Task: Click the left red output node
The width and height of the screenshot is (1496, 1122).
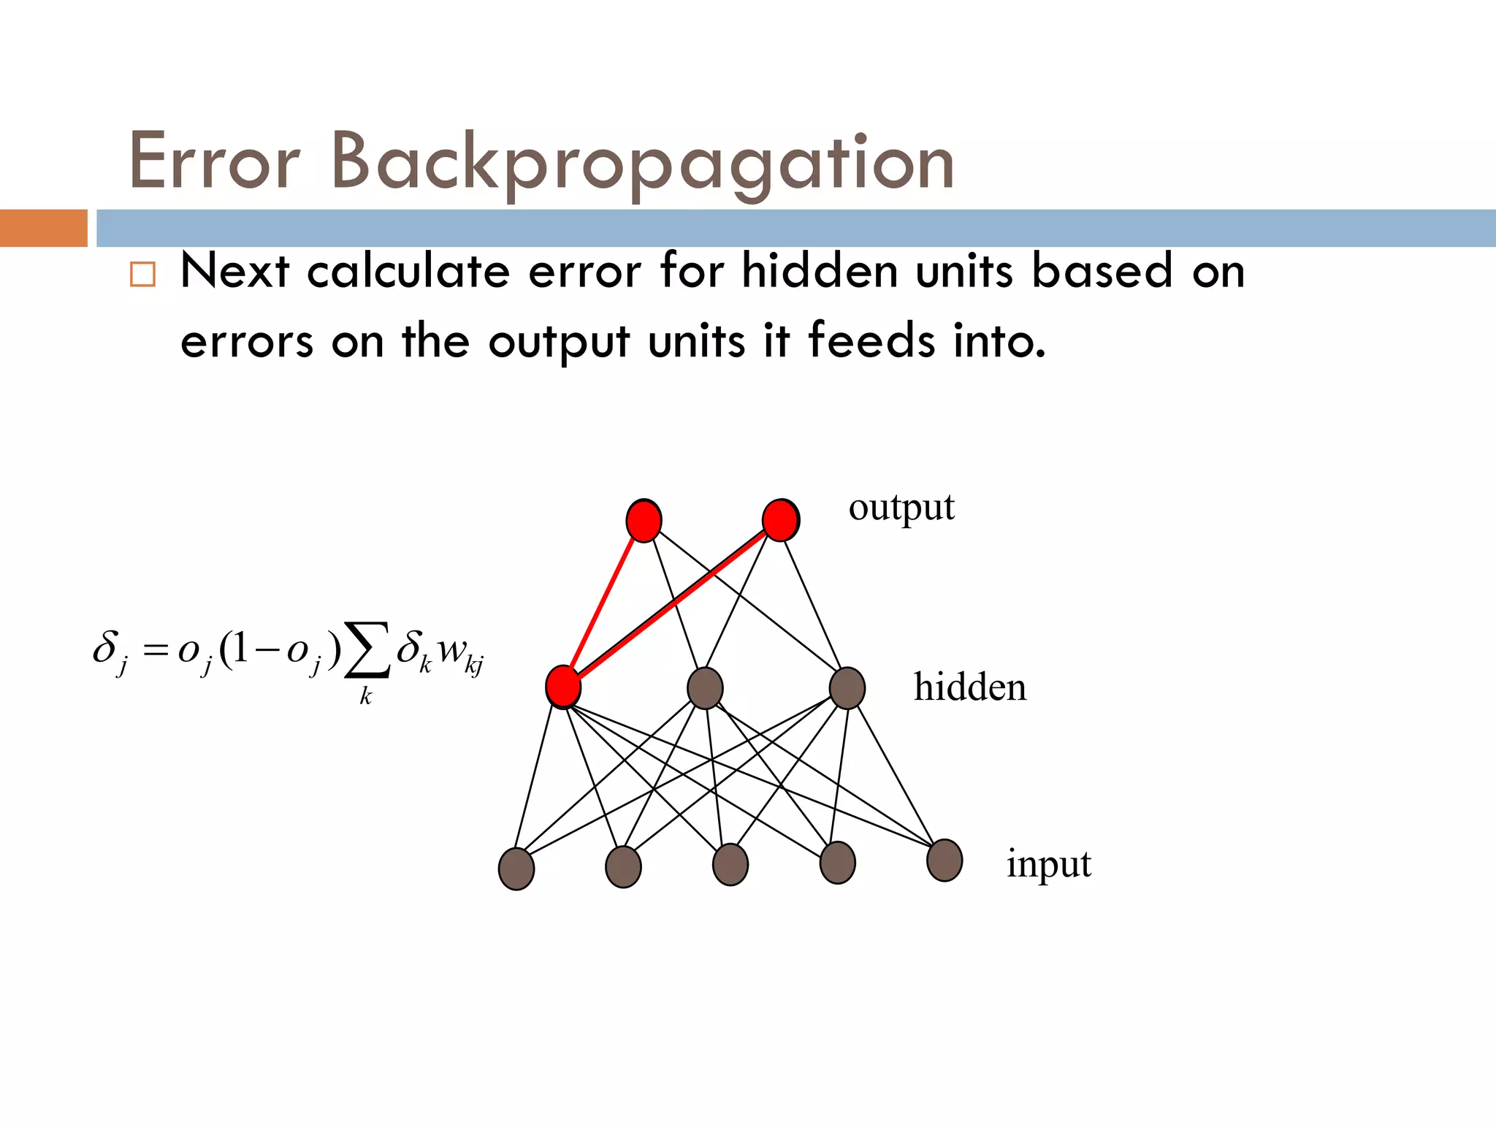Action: [x=644, y=521]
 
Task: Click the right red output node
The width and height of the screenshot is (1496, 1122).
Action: [x=780, y=520]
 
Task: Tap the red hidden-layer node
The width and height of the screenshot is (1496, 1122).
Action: [x=563, y=687]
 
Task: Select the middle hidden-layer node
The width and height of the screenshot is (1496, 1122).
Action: [x=705, y=688]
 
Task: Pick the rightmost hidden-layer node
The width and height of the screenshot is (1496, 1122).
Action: [x=847, y=688]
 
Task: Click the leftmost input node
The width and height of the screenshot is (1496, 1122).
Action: [x=516, y=869]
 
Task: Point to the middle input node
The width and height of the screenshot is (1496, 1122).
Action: [x=730, y=865]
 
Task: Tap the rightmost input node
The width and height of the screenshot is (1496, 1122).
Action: [x=944, y=860]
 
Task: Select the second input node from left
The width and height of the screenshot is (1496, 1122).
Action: [x=623, y=867]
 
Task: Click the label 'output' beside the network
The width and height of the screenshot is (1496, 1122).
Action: [x=901, y=508]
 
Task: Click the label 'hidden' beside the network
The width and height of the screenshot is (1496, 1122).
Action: [x=970, y=687]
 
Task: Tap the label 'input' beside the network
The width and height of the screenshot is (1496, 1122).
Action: [x=1049, y=865]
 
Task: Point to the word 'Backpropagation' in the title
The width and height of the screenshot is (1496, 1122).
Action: [x=643, y=162]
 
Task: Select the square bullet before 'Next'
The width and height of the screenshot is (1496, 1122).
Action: [x=142, y=275]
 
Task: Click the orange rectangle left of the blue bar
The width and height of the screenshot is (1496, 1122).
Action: [x=44, y=228]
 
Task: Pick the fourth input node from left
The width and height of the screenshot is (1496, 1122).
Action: [x=838, y=863]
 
